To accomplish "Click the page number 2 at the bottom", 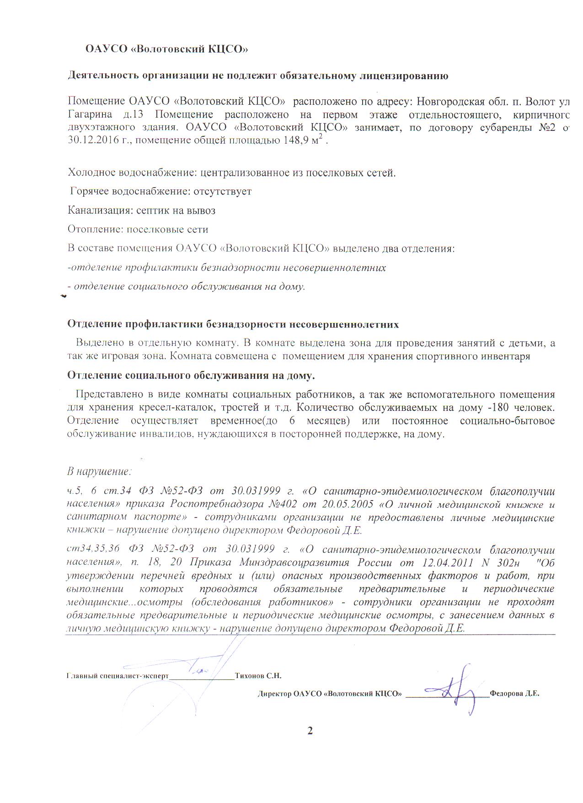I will pos(310,731).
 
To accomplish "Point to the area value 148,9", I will pos(297,140).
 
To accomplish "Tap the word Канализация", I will pos(100,210).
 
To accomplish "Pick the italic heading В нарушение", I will pos(99,471).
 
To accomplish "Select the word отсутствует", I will pos(222,191).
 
